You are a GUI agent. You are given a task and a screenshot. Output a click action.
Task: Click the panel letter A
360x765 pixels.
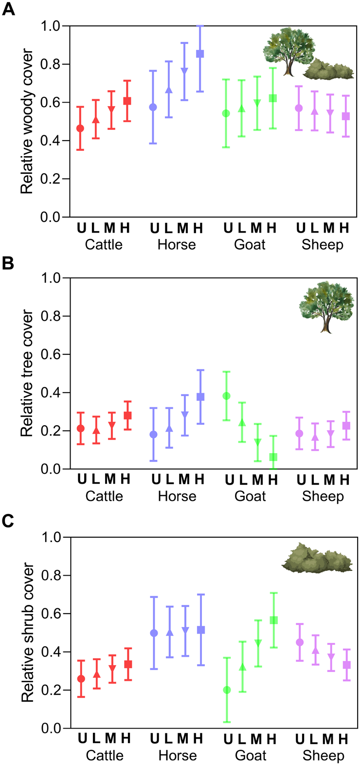pyautogui.click(x=8, y=9)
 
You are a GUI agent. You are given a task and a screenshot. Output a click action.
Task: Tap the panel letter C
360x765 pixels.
pyautogui.click(x=8, y=521)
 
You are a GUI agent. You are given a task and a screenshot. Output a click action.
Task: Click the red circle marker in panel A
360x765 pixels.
pyautogui.click(x=80, y=128)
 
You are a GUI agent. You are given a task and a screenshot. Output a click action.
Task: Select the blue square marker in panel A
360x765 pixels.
pyautogui.click(x=200, y=54)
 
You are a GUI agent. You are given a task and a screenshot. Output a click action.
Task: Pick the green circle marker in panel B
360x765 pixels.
pyautogui.click(x=226, y=396)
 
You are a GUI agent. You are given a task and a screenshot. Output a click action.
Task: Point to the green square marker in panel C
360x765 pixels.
pyautogui.click(x=273, y=620)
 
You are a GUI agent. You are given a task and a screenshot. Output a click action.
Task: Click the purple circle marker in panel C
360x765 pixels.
pyautogui.click(x=300, y=642)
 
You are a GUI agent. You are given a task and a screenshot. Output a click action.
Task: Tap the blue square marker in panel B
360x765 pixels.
pyautogui.click(x=200, y=397)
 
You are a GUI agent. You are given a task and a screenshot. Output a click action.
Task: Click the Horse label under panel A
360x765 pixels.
pyautogui.click(x=177, y=244)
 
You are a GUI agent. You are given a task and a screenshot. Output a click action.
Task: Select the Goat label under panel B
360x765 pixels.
pyautogui.click(x=251, y=496)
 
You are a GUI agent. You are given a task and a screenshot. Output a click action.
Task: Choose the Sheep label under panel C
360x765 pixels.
pyautogui.click(x=323, y=756)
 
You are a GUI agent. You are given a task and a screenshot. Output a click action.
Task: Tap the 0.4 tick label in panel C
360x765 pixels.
pyautogui.click(x=54, y=652)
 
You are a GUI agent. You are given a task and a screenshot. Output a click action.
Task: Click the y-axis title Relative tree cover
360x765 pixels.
pyautogui.click(x=27, y=374)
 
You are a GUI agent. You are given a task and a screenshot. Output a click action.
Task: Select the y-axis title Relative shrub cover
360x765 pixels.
pyautogui.click(x=27, y=633)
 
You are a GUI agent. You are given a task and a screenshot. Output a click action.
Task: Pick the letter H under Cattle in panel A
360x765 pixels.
pyautogui.click(x=126, y=228)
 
